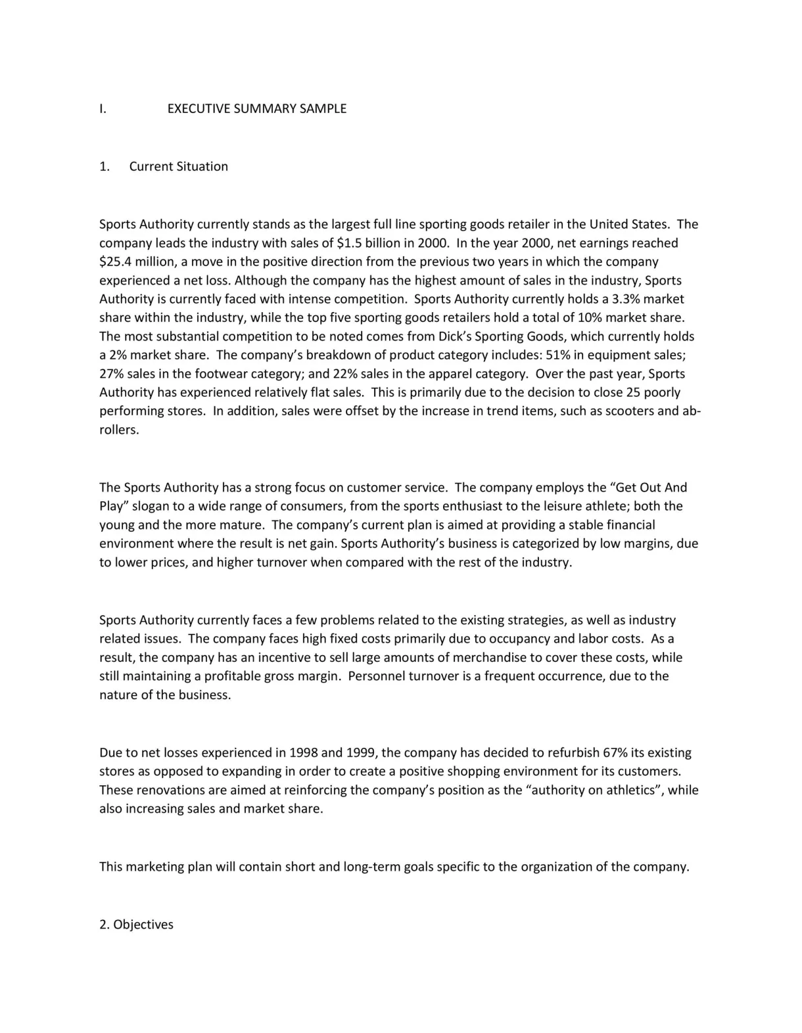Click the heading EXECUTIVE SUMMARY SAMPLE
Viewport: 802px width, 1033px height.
tap(256, 109)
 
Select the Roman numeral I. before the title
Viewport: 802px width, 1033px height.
tap(103, 109)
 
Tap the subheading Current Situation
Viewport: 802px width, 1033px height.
tap(178, 166)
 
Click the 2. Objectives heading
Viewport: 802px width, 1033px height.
tap(136, 925)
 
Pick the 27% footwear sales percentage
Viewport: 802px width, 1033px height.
tap(111, 374)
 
